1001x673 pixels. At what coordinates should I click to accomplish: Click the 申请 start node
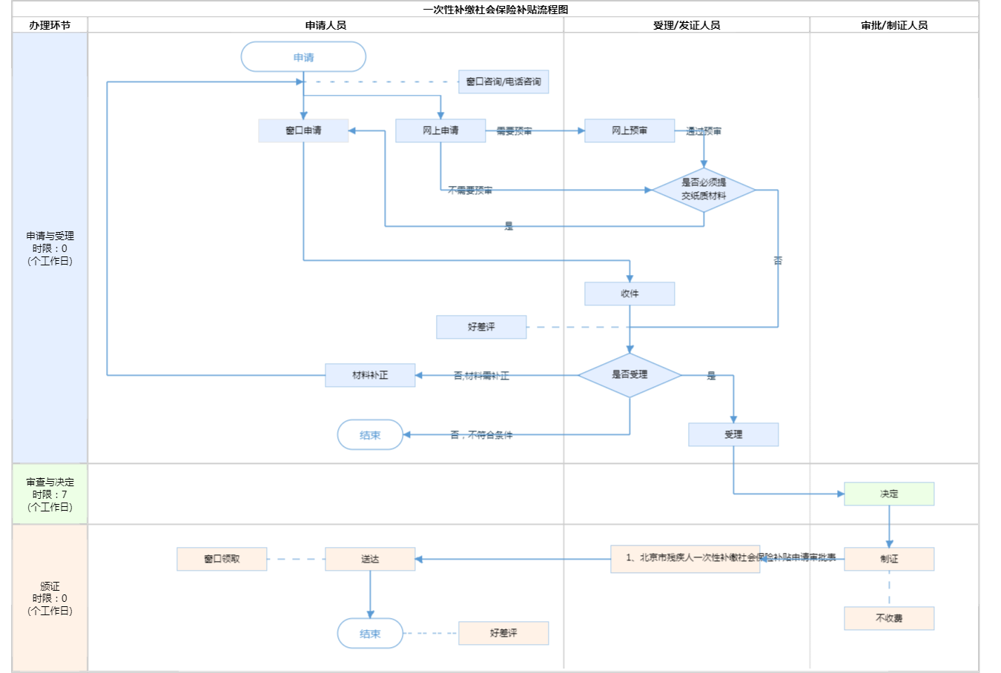coord(303,57)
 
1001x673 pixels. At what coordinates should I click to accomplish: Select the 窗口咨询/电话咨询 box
coord(503,82)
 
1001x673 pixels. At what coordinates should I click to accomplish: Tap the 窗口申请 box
coord(303,130)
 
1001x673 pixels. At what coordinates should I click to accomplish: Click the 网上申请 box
coord(440,130)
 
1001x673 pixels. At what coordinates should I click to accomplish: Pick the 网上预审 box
coord(630,130)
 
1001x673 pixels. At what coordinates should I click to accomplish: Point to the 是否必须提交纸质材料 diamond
coord(704,190)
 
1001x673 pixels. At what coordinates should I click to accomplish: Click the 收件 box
coord(630,294)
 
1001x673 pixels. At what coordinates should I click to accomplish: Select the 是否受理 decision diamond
coord(630,375)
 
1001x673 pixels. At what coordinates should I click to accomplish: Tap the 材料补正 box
coord(370,375)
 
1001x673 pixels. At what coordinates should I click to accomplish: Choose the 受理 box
coord(733,434)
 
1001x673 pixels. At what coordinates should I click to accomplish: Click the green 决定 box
coord(889,494)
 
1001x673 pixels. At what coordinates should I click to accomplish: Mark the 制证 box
coord(889,559)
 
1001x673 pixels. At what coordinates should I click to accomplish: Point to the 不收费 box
coord(889,618)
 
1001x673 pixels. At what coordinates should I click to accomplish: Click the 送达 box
coord(370,559)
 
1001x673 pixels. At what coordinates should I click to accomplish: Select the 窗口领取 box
coord(222,559)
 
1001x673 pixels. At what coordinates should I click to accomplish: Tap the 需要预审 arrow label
coord(514,131)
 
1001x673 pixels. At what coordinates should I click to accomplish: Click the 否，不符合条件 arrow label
coord(481,435)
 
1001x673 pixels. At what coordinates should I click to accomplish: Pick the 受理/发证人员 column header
coord(687,25)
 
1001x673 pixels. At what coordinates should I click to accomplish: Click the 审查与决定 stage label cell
coord(50,494)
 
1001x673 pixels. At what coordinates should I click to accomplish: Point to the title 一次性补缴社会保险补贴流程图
coord(496,10)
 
